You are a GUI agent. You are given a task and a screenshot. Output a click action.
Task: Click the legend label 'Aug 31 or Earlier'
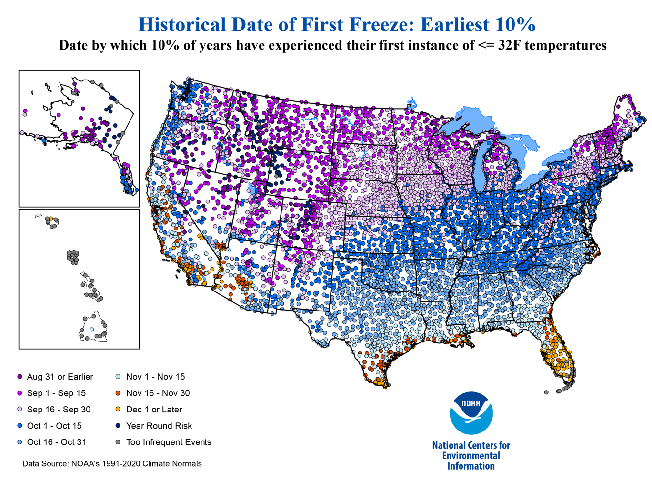[x=60, y=377]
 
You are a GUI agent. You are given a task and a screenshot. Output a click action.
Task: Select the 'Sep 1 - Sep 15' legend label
[x=56, y=393]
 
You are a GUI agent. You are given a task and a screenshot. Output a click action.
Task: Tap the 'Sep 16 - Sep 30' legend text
[x=58, y=409]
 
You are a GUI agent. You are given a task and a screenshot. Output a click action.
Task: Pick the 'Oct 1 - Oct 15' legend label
[x=54, y=426]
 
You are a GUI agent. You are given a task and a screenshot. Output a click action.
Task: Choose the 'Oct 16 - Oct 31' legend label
[x=57, y=442]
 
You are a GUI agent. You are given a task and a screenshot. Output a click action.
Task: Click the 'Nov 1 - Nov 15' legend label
[x=155, y=377]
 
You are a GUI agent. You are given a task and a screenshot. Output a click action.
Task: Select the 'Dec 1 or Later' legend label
[x=154, y=409]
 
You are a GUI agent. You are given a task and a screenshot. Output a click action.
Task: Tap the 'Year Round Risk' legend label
[x=159, y=426]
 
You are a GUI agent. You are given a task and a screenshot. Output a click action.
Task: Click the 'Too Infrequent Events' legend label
[x=168, y=442]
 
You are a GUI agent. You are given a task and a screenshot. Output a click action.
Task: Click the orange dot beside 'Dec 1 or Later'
[x=118, y=409]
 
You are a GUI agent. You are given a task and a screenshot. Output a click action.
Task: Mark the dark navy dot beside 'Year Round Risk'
[x=118, y=426]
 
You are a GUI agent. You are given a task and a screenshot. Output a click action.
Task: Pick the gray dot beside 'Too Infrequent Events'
[x=118, y=442]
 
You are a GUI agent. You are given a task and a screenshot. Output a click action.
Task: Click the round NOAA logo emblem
[x=471, y=413]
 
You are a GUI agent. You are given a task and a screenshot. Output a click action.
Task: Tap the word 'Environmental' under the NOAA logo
[x=471, y=456]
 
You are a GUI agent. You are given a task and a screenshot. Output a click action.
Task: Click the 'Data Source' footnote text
[x=112, y=463]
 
